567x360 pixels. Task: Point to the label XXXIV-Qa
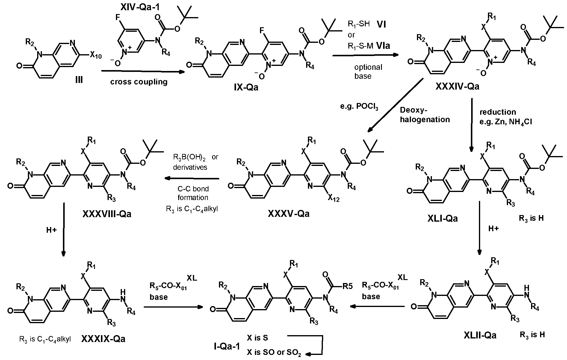457,87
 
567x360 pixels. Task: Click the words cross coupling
139,82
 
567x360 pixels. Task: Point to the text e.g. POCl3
358,107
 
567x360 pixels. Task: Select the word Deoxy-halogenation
425,115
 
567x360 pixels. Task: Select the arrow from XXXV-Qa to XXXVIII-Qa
192,179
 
